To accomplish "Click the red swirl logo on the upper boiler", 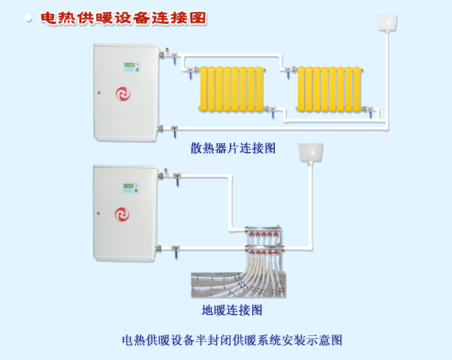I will click(x=123, y=94).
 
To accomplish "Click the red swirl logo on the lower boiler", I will click(x=123, y=214).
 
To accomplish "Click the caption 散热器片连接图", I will click(x=233, y=148).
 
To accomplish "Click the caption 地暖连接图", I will click(x=232, y=309).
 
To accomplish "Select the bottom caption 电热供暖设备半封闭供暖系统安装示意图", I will click(x=232, y=339).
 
